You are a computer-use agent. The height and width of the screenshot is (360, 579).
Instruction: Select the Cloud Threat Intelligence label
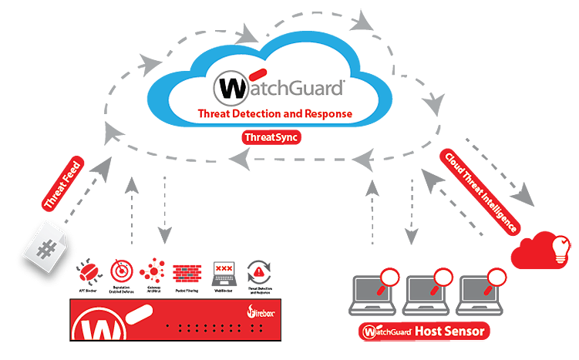(x=480, y=191)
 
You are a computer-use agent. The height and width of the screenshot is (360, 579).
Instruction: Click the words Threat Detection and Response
(x=274, y=113)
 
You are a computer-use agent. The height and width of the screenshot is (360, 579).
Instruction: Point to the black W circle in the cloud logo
(x=228, y=87)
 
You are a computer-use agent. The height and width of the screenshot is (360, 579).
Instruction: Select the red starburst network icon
(x=153, y=272)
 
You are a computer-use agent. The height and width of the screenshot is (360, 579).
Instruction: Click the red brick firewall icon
(x=187, y=274)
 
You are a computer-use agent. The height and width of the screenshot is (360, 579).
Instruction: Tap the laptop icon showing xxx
(x=224, y=272)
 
